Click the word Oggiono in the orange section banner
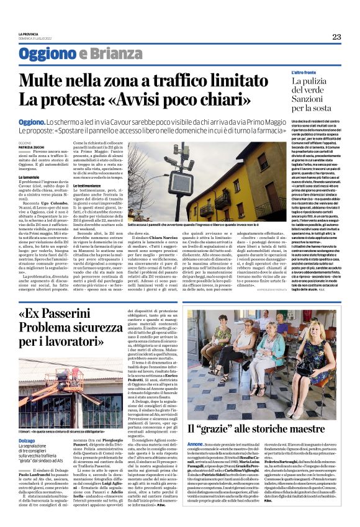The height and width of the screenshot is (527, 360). pos(47,54)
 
